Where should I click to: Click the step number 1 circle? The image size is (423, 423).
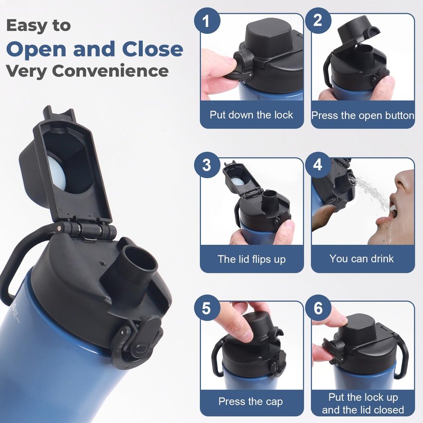(207, 21)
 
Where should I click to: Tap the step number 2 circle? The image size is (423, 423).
(318, 21)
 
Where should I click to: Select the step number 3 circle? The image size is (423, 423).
(207, 165)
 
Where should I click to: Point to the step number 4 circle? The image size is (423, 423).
(318, 165)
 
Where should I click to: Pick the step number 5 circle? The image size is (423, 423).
(207, 308)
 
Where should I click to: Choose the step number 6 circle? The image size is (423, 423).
(318, 308)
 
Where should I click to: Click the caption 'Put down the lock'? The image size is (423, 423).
(251, 115)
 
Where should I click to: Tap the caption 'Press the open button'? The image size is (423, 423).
(363, 115)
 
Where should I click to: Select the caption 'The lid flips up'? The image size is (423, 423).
(252, 259)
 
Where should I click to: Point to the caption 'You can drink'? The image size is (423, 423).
(362, 259)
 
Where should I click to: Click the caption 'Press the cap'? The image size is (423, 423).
(251, 401)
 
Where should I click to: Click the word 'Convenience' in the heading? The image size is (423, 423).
(110, 71)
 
